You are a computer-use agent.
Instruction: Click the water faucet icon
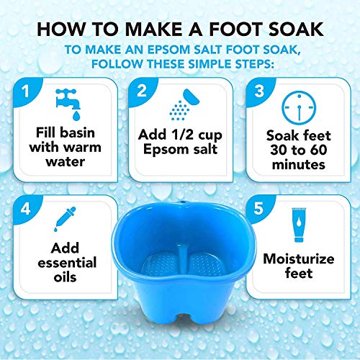point(70,104)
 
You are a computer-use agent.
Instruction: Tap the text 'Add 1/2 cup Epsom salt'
point(180,145)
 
